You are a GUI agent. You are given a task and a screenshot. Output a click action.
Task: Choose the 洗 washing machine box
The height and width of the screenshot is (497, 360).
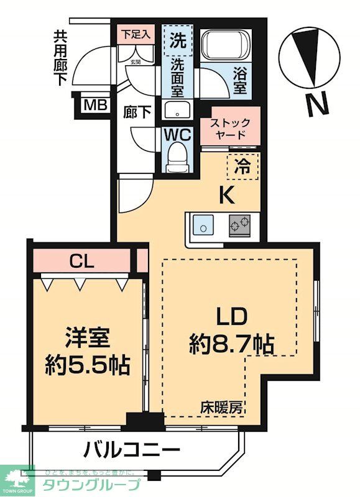pyautogui.click(x=178, y=40)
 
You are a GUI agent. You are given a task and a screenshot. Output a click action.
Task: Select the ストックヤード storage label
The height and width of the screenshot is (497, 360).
pyautogui.click(x=230, y=129)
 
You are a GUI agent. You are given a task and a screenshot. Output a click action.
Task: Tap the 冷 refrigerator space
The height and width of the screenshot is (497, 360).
pyautogui.click(x=244, y=166)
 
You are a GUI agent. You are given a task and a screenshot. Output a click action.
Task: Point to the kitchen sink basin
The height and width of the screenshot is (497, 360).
pyautogui.click(x=203, y=226)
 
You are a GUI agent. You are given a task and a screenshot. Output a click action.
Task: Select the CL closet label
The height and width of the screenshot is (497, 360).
pyautogui.click(x=82, y=261)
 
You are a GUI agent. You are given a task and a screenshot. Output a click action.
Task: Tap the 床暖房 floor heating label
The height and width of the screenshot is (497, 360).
pyautogui.click(x=221, y=408)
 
